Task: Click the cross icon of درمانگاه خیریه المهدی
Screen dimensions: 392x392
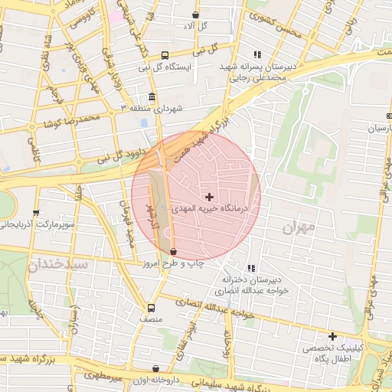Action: (210, 197)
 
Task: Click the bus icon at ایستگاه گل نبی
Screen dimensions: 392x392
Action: (165, 55)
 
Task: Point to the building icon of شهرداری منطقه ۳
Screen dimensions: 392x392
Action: (151, 98)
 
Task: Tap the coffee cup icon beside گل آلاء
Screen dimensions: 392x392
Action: (197, 14)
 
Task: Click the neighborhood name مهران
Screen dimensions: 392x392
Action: (298, 227)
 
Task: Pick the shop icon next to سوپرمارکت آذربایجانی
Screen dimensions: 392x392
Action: (35, 213)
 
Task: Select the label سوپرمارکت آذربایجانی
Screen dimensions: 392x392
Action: (37, 225)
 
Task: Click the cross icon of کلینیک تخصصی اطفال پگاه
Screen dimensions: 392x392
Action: (332, 336)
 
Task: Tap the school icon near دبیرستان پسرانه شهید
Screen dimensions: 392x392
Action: (256, 54)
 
